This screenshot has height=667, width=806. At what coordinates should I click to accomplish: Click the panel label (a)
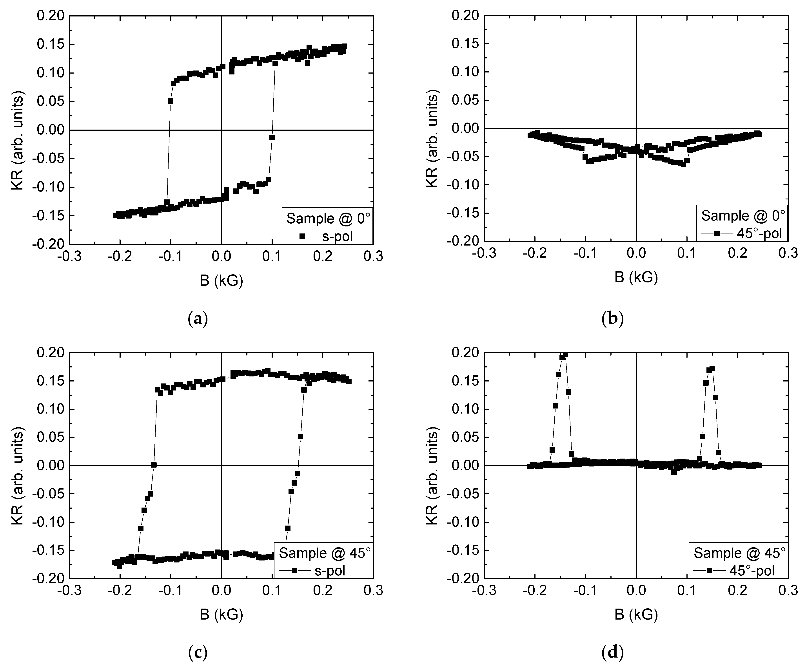tap(198, 319)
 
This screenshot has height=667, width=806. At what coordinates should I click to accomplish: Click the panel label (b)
tap(613, 319)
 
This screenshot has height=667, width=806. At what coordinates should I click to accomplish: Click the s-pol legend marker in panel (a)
tap(302, 236)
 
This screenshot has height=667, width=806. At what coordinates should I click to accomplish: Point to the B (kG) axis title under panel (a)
tap(221, 281)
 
